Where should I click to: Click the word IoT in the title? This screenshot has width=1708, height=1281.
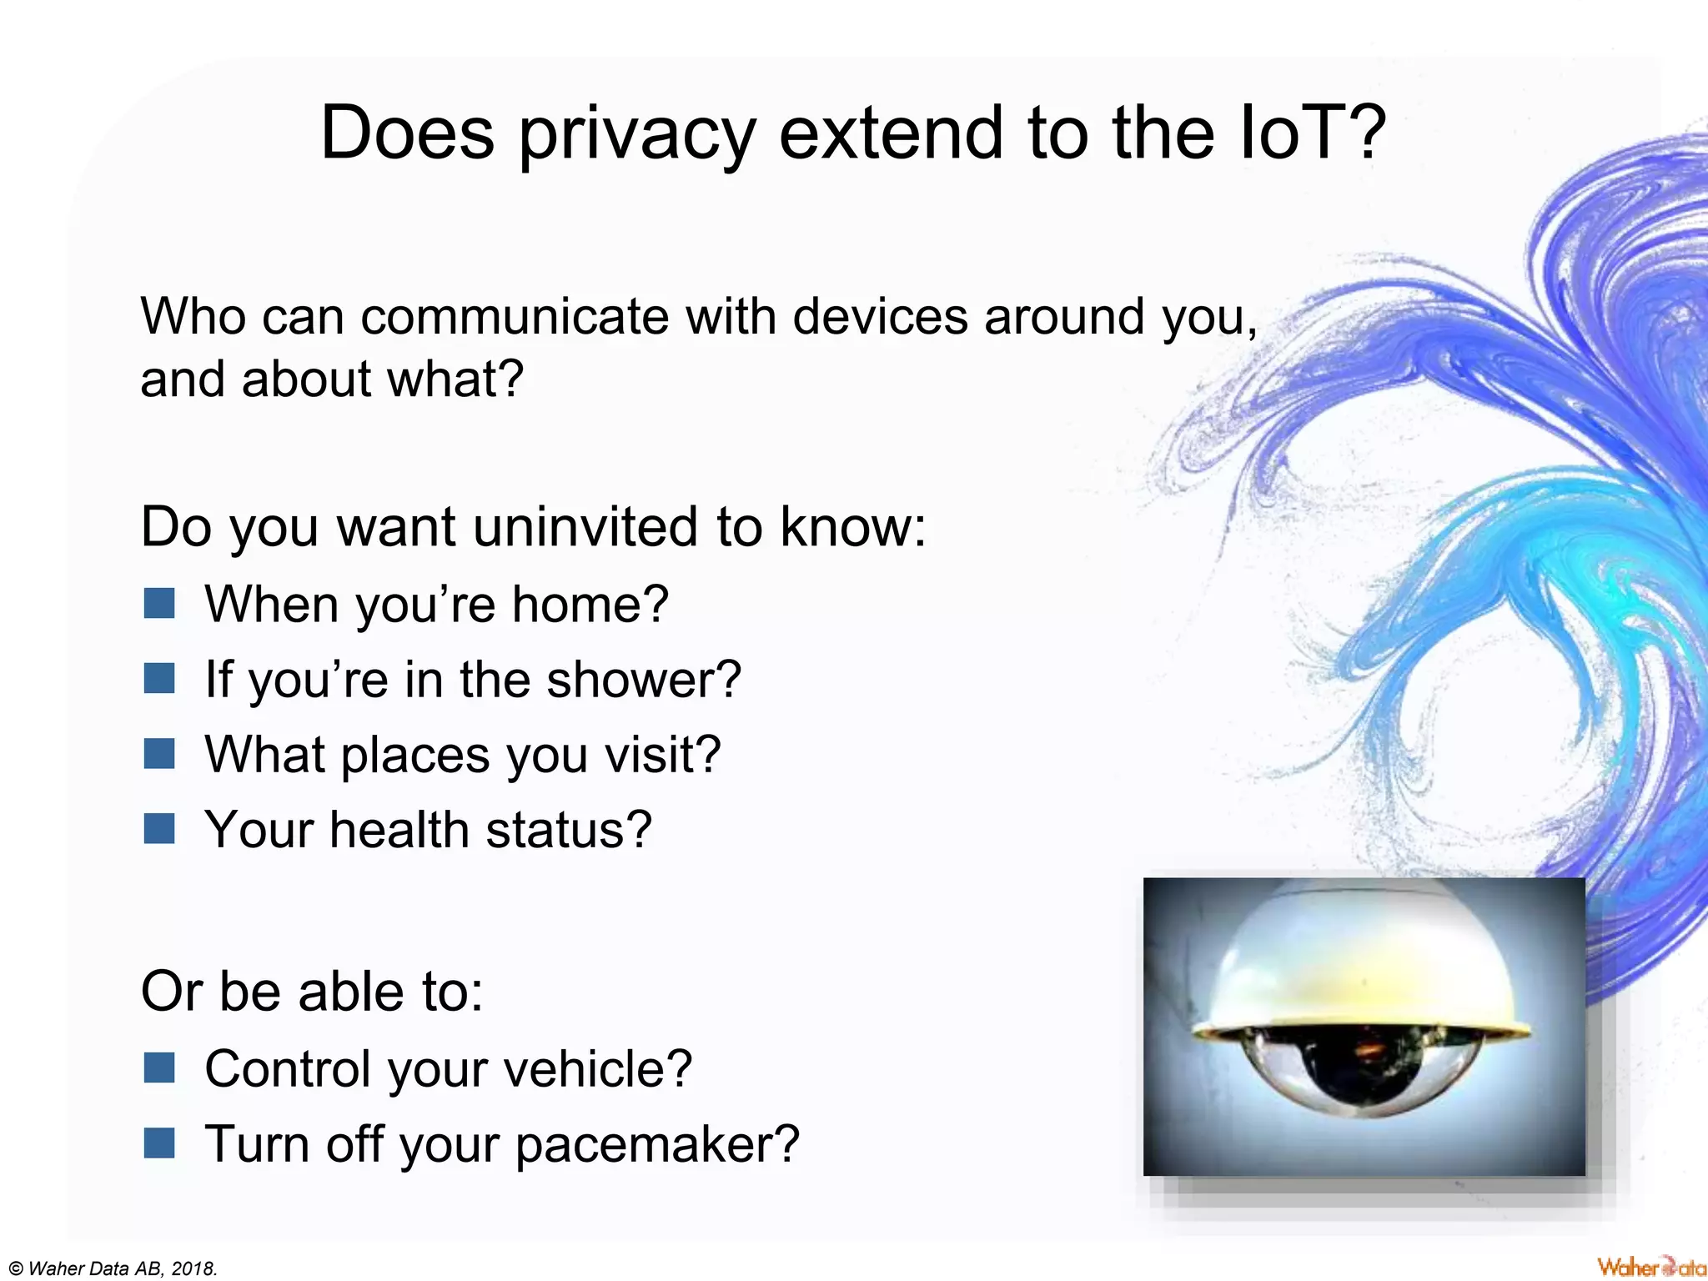[x=1300, y=133]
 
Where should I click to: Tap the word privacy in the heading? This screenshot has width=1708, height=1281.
[x=637, y=135]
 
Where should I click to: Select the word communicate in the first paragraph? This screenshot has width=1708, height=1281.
[x=515, y=317]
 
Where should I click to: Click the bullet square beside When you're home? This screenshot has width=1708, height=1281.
[x=158, y=603]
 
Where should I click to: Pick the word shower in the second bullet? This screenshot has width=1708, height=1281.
[x=643, y=679]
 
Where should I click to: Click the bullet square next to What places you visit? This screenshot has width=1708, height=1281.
[x=158, y=754]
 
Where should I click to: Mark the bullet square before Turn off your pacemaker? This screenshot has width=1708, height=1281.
[x=158, y=1143]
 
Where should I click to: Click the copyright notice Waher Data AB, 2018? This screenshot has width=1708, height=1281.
[x=113, y=1268]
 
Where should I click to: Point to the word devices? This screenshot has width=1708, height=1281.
[x=880, y=317]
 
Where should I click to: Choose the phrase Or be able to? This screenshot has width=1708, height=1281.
[x=312, y=992]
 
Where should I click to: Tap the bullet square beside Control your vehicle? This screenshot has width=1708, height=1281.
[x=158, y=1068]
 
